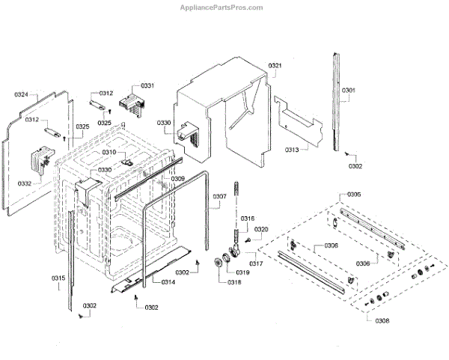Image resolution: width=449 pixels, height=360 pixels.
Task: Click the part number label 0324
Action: tap(21, 95)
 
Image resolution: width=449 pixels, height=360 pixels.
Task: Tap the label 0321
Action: tap(275, 66)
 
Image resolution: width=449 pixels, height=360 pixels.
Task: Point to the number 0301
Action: tap(349, 91)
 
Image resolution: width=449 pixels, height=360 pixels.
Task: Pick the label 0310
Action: tap(109, 153)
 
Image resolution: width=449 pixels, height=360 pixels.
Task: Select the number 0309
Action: tap(177, 179)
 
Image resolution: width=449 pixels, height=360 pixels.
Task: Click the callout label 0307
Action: tap(219, 198)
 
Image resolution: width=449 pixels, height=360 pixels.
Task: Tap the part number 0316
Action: tap(248, 219)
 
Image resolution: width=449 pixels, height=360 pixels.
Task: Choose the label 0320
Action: tap(260, 230)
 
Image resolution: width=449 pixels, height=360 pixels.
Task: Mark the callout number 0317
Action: tap(256, 263)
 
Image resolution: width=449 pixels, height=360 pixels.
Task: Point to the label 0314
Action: tap(168, 282)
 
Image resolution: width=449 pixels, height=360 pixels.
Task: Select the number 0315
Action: tap(58, 278)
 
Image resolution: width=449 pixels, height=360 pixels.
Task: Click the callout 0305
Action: tap(354, 195)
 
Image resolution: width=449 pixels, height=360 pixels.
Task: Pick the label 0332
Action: tap(24, 183)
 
